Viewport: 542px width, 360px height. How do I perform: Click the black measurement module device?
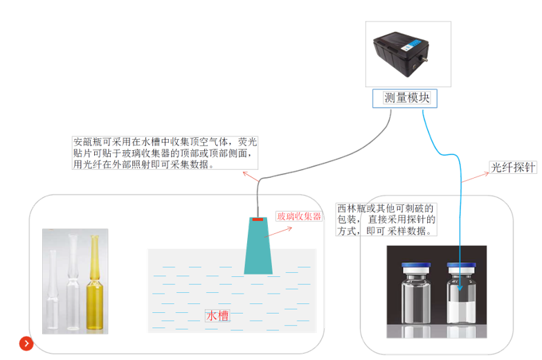click(x=401, y=53)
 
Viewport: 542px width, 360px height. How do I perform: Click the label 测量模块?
click(x=407, y=98)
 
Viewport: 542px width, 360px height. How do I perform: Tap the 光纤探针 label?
click(x=513, y=168)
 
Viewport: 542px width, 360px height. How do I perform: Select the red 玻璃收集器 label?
click(x=299, y=217)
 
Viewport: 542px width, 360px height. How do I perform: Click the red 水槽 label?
click(x=217, y=316)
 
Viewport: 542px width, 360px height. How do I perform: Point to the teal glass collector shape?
click(x=258, y=246)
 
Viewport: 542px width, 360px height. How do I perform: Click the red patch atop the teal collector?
click(x=258, y=219)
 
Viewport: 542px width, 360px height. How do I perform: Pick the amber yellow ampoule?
click(x=94, y=284)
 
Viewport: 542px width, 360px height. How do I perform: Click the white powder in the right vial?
click(x=461, y=312)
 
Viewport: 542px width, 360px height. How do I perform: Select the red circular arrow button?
click(x=26, y=343)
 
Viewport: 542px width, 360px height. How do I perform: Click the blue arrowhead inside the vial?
click(x=460, y=288)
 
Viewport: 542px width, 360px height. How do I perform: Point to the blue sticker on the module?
click(x=411, y=45)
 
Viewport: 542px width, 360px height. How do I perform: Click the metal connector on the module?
click(x=424, y=59)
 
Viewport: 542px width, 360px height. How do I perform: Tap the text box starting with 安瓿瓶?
click(x=165, y=153)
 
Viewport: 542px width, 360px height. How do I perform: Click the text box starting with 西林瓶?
click(x=386, y=219)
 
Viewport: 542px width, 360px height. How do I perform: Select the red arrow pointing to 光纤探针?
click(x=475, y=177)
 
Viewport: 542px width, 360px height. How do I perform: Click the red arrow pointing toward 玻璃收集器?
click(x=278, y=232)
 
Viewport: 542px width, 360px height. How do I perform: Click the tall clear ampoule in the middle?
click(x=73, y=282)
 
